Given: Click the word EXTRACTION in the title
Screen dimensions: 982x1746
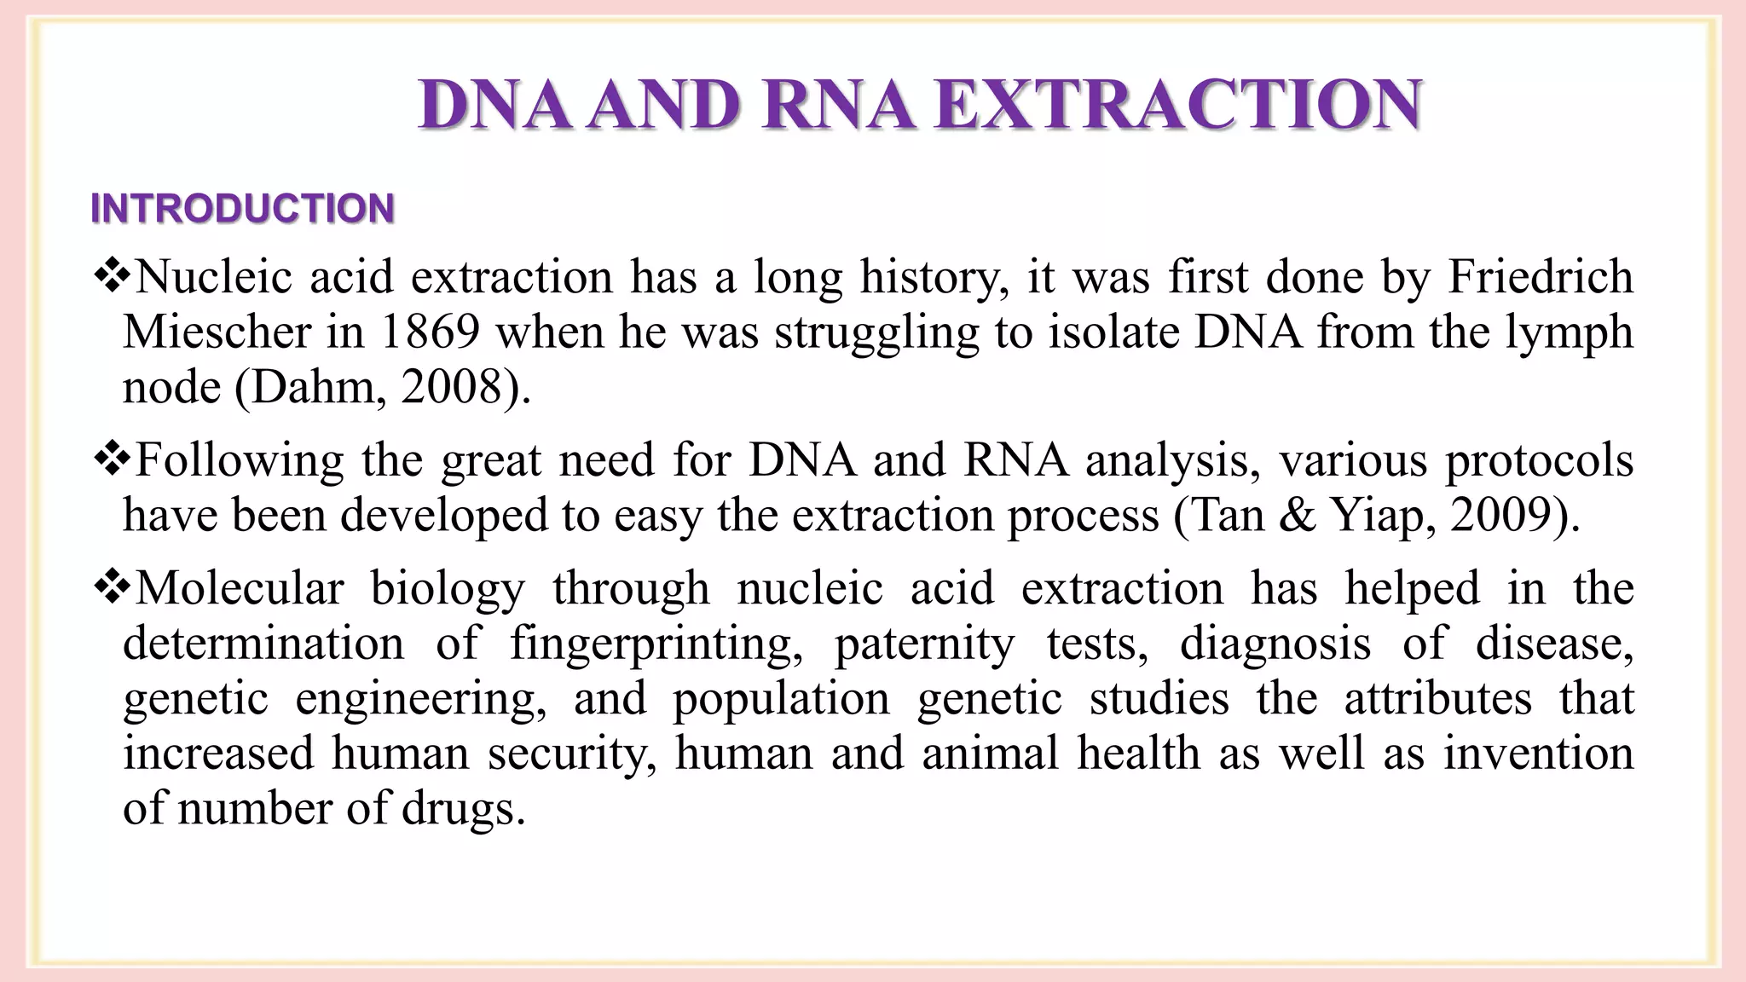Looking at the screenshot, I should [1177, 105].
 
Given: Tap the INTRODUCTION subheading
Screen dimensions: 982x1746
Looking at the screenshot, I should [242, 209].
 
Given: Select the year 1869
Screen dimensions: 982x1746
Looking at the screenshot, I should [430, 332].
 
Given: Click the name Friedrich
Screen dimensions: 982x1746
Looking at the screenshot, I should [1541, 277].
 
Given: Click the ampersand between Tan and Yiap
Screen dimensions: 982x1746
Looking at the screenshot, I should [1298, 515].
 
